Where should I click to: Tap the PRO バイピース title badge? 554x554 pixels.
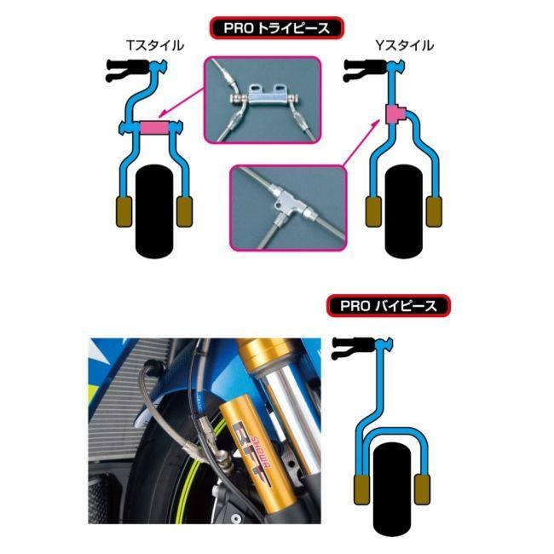tap(388, 305)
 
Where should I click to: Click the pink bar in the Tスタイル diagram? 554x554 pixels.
tap(154, 129)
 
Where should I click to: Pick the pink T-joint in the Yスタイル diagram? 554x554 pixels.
tap(395, 115)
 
